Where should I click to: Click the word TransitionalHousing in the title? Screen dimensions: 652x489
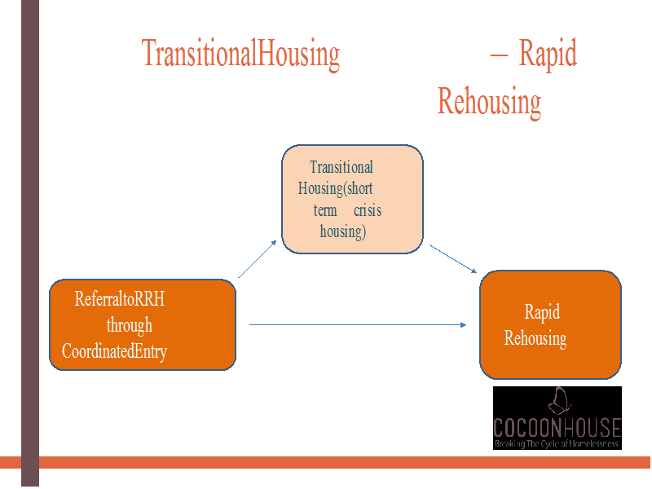pyautogui.click(x=240, y=54)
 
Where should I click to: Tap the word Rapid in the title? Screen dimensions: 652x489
pyautogui.click(x=548, y=54)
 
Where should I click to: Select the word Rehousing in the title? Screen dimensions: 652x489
pyautogui.click(x=489, y=101)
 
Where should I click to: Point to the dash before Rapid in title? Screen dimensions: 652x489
pyautogui.click(x=499, y=55)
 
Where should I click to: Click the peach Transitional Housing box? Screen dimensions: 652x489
pyautogui.click(x=352, y=199)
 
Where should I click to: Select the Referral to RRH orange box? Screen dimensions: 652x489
pyautogui.click(x=143, y=324)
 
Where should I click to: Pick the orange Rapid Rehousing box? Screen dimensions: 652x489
pyautogui.click(x=550, y=324)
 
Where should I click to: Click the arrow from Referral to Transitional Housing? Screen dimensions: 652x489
pyautogui.click(x=258, y=258)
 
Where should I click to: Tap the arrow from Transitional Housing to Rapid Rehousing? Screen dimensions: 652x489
pyautogui.click(x=453, y=258)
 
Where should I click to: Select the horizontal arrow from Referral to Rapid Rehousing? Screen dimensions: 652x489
pyautogui.click(x=358, y=324)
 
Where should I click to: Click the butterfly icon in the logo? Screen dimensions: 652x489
pyautogui.click(x=559, y=401)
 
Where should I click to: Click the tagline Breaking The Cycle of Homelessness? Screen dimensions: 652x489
pyautogui.click(x=557, y=443)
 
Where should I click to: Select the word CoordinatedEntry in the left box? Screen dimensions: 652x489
pyautogui.click(x=114, y=351)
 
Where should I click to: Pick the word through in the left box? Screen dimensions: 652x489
pyautogui.click(x=130, y=325)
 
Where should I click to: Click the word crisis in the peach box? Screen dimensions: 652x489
pyautogui.click(x=368, y=210)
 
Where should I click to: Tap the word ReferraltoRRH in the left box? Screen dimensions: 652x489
pyautogui.click(x=120, y=298)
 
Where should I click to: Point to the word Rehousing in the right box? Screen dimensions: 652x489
pyautogui.click(x=535, y=338)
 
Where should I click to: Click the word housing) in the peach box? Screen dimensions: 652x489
pyautogui.click(x=343, y=231)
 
